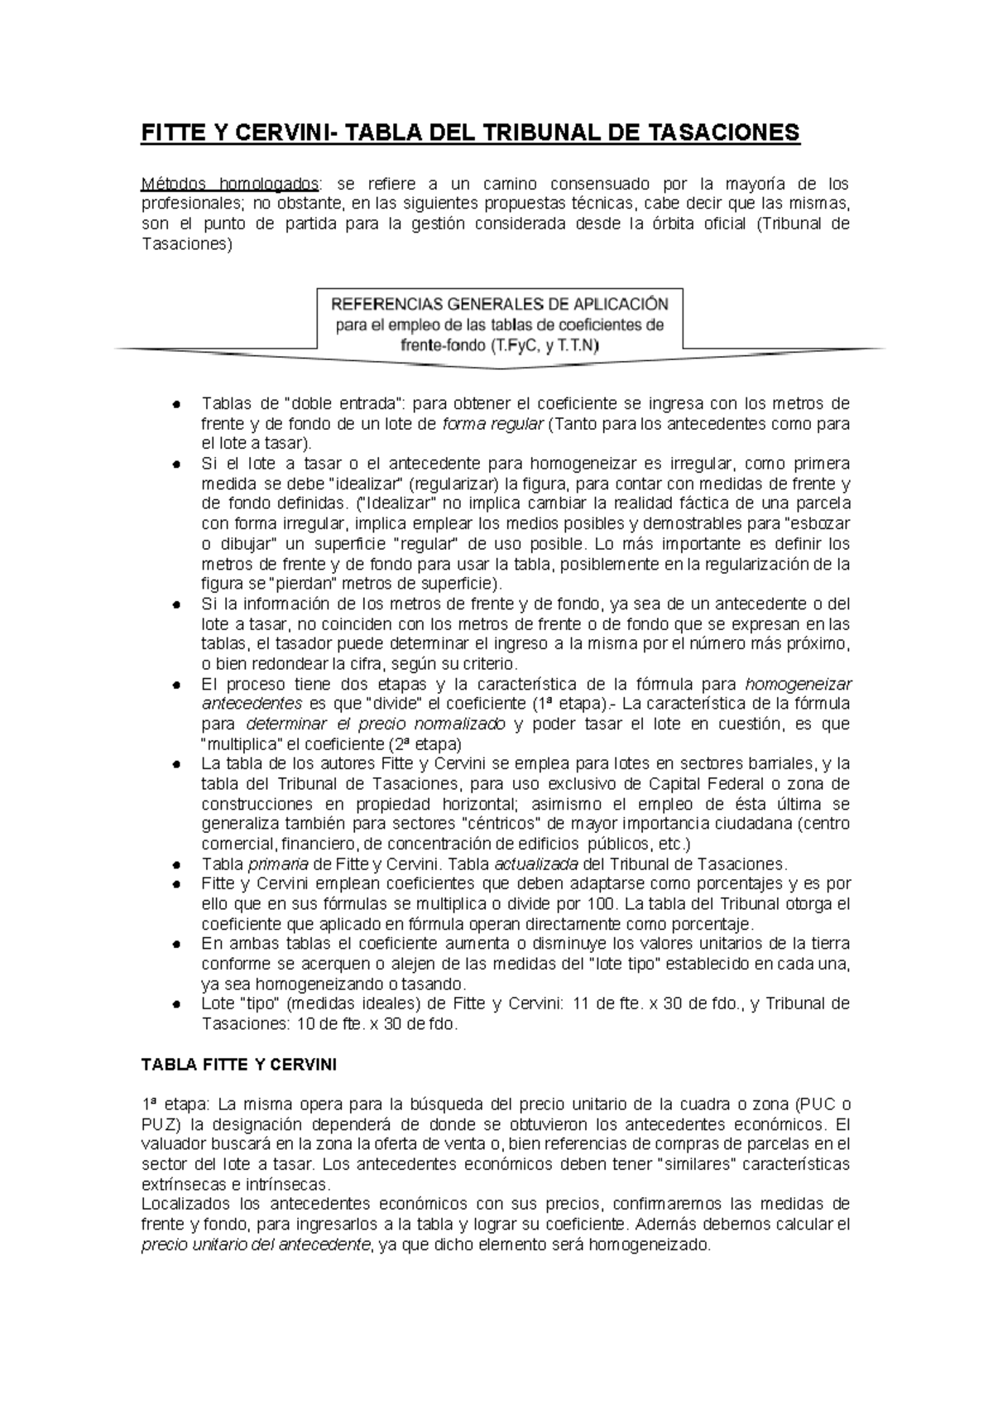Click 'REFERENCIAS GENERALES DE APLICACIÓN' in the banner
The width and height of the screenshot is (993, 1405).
click(x=499, y=303)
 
